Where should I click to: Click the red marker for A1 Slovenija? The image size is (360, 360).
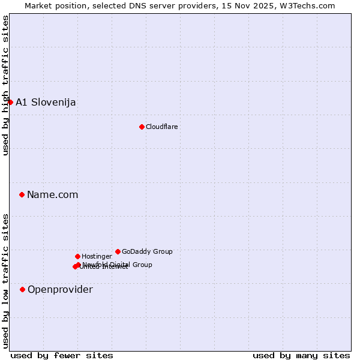10,102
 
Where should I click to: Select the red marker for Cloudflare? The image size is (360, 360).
142,127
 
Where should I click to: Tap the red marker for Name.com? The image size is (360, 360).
22,194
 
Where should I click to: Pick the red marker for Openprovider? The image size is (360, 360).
22,289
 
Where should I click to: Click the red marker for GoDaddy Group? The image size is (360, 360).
118,251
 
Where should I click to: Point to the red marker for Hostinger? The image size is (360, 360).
77,256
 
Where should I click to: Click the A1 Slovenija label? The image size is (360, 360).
46,102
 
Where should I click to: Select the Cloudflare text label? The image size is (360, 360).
161,127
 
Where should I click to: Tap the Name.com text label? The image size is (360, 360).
52,194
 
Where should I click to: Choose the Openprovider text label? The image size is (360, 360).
60,289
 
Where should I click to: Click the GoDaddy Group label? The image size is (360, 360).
147,251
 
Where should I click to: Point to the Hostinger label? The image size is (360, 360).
97,256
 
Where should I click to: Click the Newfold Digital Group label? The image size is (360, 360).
118,264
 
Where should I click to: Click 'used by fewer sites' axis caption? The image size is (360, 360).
62,355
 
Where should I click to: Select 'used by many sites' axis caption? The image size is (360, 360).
301,355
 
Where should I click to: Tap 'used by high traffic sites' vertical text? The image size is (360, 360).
5,85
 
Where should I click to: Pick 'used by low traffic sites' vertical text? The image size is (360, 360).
5,281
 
